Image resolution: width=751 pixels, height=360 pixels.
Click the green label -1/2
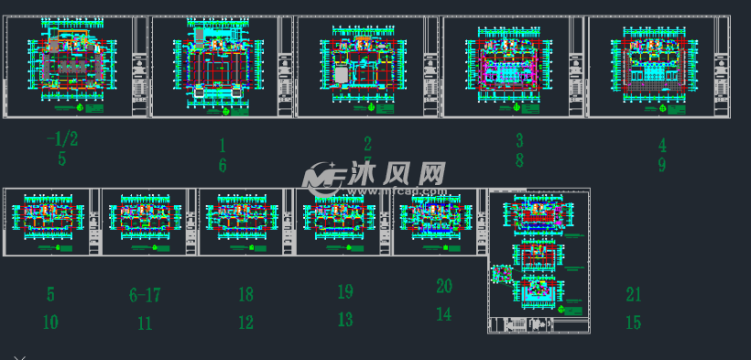click(x=61, y=138)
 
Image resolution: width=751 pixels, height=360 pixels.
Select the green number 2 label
click(x=367, y=143)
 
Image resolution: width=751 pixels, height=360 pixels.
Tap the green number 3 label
click(x=518, y=140)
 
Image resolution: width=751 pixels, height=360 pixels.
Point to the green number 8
click(x=518, y=161)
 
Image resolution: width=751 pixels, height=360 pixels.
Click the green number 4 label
click(x=661, y=145)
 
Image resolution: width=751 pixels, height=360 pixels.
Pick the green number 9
click(x=661, y=165)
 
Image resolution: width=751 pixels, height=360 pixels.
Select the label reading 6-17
click(x=145, y=295)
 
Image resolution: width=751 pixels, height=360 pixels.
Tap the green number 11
click(x=145, y=322)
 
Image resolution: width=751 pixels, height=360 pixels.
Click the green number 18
click(x=245, y=295)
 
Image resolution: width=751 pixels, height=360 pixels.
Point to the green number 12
click(x=245, y=322)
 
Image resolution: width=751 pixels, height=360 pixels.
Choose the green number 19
click(x=344, y=292)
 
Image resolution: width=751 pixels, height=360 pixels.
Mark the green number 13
click(x=344, y=320)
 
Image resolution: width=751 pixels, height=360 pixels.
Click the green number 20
click(x=443, y=286)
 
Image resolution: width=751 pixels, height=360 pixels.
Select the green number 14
click(x=443, y=314)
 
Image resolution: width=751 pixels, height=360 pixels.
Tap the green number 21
click(x=633, y=294)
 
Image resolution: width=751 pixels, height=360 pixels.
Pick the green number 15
click(x=633, y=322)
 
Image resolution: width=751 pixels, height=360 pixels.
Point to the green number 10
click(x=50, y=322)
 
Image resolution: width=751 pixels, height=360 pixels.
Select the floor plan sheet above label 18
click(x=245, y=222)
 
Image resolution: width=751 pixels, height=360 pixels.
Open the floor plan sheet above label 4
click(x=658, y=67)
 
